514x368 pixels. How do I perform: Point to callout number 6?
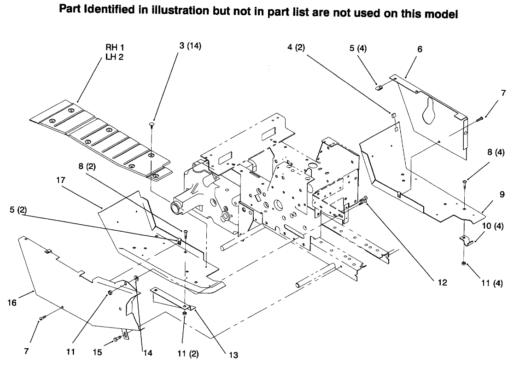pyautogui.click(x=420, y=49)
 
